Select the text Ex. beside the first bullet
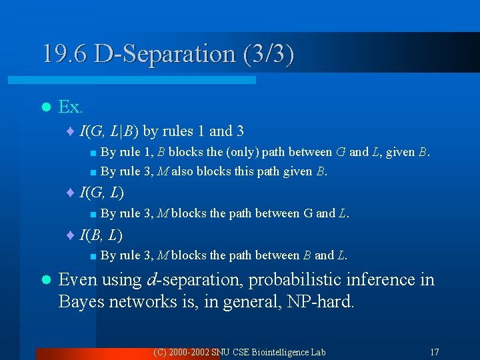click(71, 107)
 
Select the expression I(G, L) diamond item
click(101, 193)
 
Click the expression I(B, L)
click(101, 235)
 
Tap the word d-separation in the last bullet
click(194, 280)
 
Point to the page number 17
click(434, 351)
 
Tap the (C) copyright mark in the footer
click(160, 351)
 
